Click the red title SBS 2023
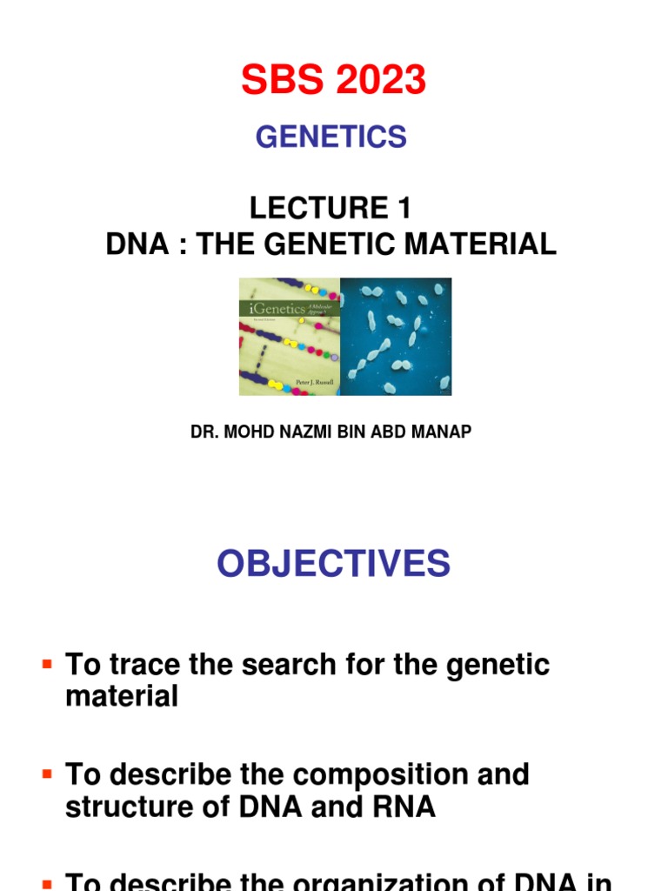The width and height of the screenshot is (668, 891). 334,81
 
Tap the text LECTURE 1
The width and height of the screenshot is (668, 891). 331,209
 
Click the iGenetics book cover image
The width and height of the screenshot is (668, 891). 289,337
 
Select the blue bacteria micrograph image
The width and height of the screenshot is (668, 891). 396,337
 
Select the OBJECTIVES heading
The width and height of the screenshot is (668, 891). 334,564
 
